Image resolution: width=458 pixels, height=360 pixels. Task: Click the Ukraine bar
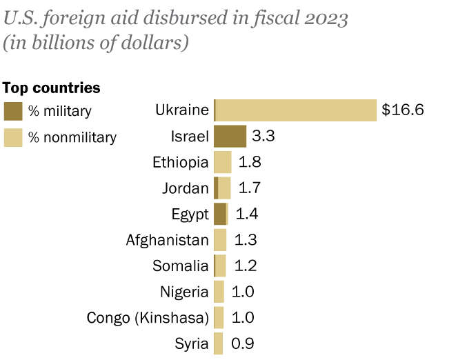295,110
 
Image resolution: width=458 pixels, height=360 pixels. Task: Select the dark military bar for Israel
230,136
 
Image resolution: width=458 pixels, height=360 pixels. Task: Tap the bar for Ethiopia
222,162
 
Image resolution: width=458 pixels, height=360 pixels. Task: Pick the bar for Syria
218,343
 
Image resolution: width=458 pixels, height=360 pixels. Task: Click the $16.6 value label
402,110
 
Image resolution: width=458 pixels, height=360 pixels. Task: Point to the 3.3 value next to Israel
263,136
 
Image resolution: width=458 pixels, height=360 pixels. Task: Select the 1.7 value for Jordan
249,188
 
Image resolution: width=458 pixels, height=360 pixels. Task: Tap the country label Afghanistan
167,240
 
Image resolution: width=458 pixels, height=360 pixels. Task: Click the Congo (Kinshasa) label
148,317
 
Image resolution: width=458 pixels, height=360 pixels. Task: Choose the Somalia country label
180,266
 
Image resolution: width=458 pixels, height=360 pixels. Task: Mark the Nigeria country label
184,292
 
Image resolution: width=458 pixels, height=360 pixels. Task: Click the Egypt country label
190,214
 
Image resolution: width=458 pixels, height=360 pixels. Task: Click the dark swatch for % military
12,111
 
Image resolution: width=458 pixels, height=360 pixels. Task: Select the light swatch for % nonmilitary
12,137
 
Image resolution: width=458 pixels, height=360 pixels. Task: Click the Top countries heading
52,88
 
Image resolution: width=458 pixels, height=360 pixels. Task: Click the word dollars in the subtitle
155,43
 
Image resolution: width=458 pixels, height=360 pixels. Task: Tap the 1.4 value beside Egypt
246,214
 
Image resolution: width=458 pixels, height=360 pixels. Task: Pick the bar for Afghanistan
220,240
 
